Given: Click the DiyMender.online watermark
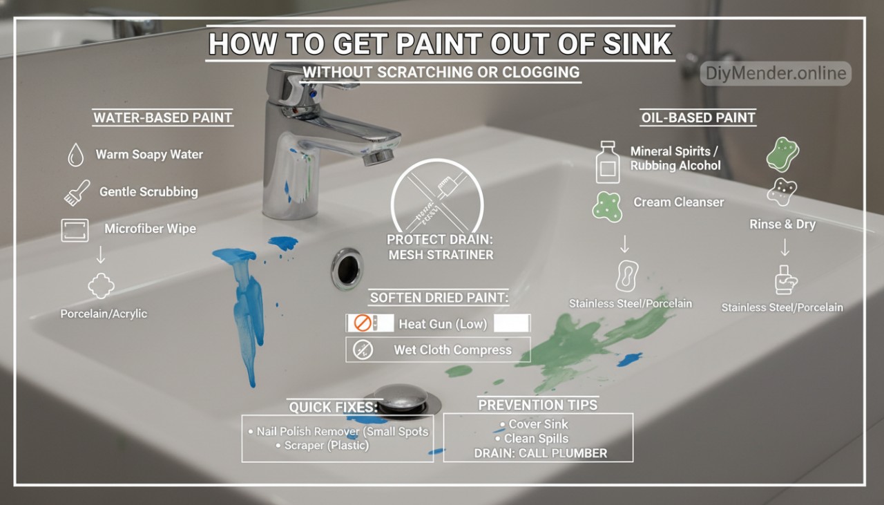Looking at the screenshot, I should pyautogui.click(x=776, y=73).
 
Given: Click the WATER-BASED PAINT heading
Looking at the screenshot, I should pyautogui.click(x=163, y=117).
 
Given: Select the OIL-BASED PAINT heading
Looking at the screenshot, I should pyautogui.click(x=698, y=117).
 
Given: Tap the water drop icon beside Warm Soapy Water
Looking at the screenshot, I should pyautogui.click(x=75, y=155).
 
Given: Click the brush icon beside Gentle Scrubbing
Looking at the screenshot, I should pyautogui.click(x=76, y=192).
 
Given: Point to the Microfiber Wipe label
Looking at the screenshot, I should pyautogui.click(x=150, y=229).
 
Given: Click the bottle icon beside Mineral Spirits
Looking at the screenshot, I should pyautogui.click(x=608, y=162).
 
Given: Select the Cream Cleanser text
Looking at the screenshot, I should pyautogui.click(x=678, y=202).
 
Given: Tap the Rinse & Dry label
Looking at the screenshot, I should pyautogui.click(x=782, y=225).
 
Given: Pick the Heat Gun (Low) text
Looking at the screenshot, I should pyautogui.click(x=443, y=323).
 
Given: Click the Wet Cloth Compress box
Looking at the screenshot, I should pyautogui.click(x=439, y=350).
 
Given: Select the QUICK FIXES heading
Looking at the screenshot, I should pyautogui.click(x=334, y=407).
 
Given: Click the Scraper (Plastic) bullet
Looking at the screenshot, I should pyautogui.click(x=327, y=446).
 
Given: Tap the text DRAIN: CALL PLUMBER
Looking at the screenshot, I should pyautogui.click(x=540, y=453).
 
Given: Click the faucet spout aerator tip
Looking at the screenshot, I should pyautogui.click(x=377, y=158).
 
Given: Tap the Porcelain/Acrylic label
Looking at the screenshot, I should pyautogui.click(x=104, y=314).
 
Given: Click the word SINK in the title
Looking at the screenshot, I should pyautogui.click(x=635, y=44).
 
